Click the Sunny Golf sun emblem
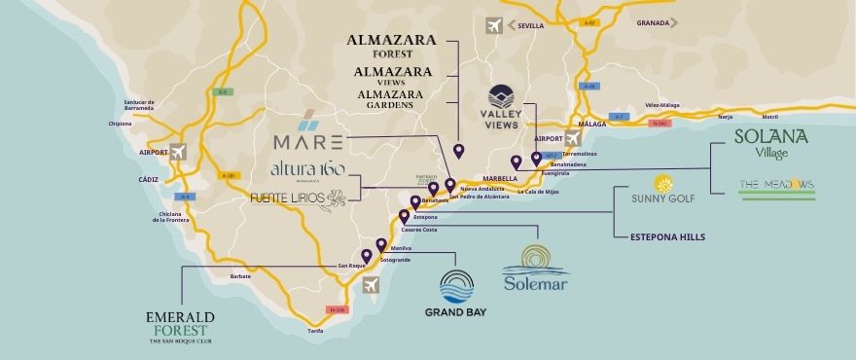(x=664, y=184)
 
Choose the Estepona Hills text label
(x=667, y=236)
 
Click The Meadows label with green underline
(x=775, y=185)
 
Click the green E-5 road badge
(x=223, y=92)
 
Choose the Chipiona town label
(x=121, y=125)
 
